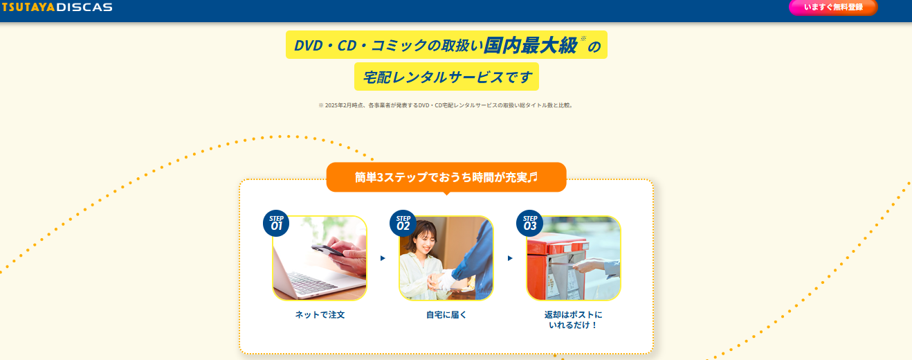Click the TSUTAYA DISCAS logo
[x=57, y=7]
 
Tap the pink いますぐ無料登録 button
[x=833, y=8]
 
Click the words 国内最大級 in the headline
[x=531, y=45]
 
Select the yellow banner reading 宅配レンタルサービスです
[x=446, y=77]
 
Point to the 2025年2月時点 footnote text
[x=446, y=105]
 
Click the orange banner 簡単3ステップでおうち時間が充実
[x=446, y=177]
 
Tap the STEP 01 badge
[x=276, y=223]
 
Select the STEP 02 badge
[x=403, y=223]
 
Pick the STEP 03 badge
[x=529, y=223]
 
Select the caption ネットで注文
[x=320, y=315]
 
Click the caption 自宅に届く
[x=446, y=315]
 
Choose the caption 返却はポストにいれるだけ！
[x=573, y=320]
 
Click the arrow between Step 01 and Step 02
[x=383, y=258]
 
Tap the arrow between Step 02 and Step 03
[x=510, y=258]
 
